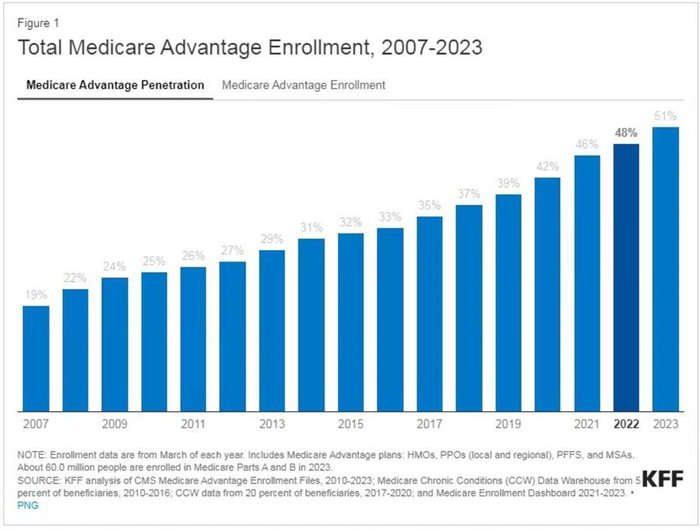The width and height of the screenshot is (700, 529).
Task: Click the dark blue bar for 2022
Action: pos(625,277)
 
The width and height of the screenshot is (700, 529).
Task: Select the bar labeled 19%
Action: pos(36,358)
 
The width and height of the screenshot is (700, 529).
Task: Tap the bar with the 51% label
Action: pos(665,268)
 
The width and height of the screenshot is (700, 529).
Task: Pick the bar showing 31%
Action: pos(311,325)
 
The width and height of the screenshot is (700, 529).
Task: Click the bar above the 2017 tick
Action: pos(429,314)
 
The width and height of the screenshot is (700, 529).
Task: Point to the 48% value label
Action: pos(626,133)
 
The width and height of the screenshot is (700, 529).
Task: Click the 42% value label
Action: pos(547,167)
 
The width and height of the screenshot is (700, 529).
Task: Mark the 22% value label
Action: pos(76,278)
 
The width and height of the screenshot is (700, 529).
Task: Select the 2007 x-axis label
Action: pos(36,423)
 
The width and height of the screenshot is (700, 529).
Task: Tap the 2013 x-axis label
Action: pos(272,423)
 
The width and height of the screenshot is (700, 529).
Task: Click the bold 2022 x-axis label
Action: pos(626,423)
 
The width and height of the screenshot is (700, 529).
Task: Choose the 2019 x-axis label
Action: pos(508,423)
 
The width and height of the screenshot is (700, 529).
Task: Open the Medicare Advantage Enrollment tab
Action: pos(303,86)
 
